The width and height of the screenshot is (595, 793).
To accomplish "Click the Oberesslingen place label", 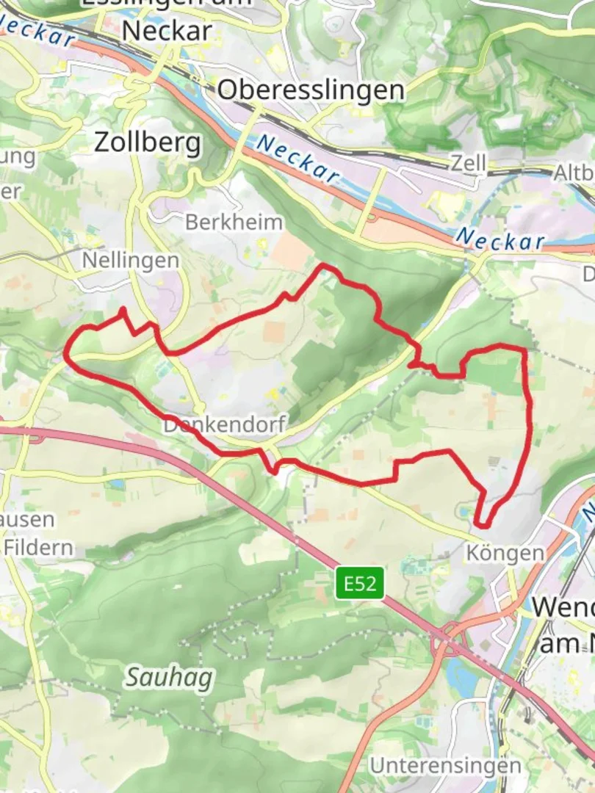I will (x=311, y=90).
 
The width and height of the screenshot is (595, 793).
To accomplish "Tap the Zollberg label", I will (x=147, y=142).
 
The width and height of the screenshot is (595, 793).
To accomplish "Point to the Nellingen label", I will (x=130, y=260).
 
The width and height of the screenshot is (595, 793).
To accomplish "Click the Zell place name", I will (x=469, y=163).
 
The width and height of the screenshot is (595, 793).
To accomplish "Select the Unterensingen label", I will (x=445, y=765).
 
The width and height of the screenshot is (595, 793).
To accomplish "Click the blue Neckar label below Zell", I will (x=500, y=239).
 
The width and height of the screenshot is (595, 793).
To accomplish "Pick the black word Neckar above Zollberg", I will (x=167, y=30).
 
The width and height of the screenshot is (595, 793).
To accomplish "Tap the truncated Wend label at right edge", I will (x=563, y=606).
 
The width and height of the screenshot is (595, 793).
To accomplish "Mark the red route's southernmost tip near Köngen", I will (x=481, y=525).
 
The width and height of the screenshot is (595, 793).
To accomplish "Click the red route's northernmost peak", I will (x=323, y=265).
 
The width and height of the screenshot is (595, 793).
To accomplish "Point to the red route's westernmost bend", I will (x=66, y=354).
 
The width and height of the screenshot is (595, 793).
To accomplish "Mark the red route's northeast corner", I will (x=524, y=350).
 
